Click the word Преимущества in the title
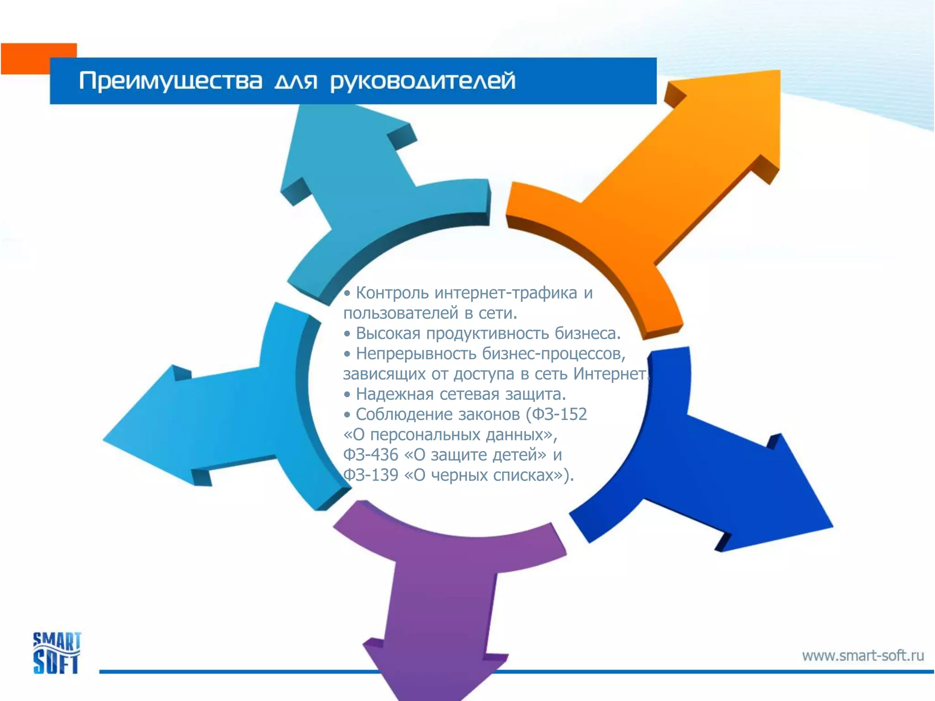click(x=171, y=82)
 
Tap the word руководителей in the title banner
click(x=423, y=82)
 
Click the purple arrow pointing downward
click(x=438, y=593)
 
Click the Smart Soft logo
click(x=57, y=653)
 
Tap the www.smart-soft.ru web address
click(x=863, y=656)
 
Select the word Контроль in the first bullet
click(x=392, y=293)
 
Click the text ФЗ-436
click(x=370, y=455)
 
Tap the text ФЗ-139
click(x=370, y=475)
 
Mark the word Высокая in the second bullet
click(x=388, y=334)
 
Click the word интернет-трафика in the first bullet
click(x=506, y=293)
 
